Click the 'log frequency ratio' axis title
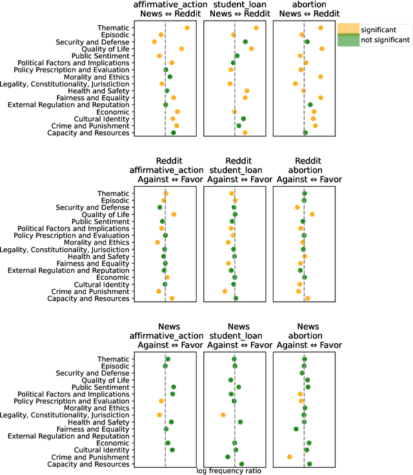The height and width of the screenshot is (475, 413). (x=228, y=470)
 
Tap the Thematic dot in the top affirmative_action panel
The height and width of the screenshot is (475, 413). (x=187, y=28)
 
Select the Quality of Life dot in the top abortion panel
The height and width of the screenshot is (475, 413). (x=322, y=49)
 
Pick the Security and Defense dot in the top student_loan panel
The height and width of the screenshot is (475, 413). (x=245, y=42)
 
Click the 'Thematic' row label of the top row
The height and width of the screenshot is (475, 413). (x=113, y=28)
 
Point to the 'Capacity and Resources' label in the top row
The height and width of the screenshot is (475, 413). (x=88, y=133)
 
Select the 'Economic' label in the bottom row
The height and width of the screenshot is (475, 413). (x=114, y=443)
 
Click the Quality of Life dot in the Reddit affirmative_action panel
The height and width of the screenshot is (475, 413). (x=174, y=214)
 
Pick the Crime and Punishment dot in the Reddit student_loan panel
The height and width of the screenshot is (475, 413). (x=225, y=291)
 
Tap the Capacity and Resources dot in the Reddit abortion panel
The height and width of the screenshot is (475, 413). (x=308, y=299)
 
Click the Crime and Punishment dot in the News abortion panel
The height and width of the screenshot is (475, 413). (x=290, y=457)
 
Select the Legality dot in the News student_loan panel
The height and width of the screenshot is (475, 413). (x=223, y=415)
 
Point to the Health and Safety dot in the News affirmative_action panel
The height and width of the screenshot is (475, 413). (x=171, y=422)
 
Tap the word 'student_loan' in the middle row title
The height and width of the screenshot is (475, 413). (x=234, y=169)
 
